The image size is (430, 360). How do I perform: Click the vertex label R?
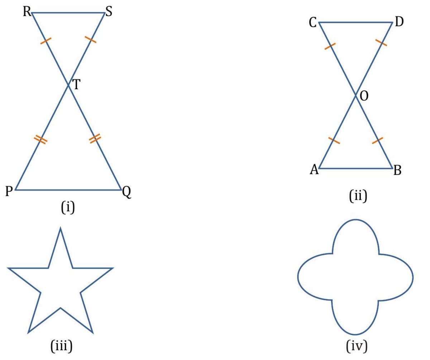[x=27, y=12]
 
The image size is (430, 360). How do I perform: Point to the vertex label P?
[x=9, y=191]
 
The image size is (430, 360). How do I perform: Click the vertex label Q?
[x=126, y=193]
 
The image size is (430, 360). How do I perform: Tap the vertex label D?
[x=399, y=23]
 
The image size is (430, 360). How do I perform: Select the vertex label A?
[x=314, y=170]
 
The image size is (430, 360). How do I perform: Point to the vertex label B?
[x=397, y=171]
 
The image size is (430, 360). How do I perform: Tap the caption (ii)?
[x=357, y=196]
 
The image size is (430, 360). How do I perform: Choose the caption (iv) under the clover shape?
[x=357, y=346]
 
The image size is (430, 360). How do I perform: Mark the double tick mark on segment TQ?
[x=95, y=139]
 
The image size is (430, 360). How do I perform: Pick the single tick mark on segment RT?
[x=46, y=41]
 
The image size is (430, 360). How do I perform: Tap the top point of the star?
[x=60, y=228]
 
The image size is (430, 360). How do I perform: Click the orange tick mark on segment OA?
[x=334, y=140]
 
